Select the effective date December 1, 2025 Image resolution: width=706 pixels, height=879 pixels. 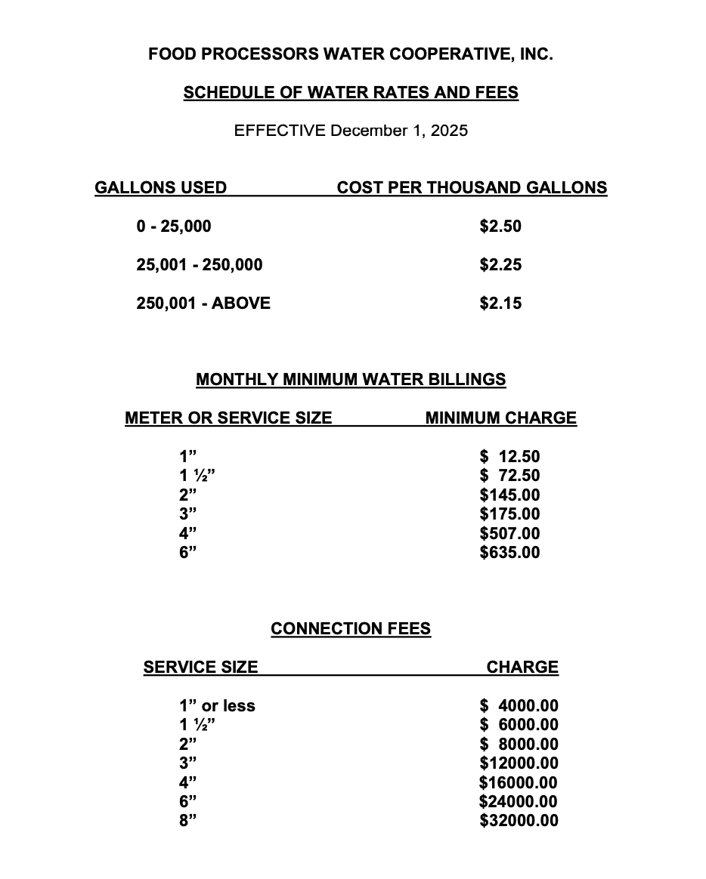click(399, 131)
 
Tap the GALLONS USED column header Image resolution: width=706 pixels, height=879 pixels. click(160, 188)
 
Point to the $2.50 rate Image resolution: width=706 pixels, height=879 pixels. click(500, 227)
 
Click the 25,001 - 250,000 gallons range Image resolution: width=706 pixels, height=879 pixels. click(200, 265)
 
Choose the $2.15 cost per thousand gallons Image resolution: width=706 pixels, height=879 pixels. click(500, 304)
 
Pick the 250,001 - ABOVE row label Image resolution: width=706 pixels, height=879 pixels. click(203, 304)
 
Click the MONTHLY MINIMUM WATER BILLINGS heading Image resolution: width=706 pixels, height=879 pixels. click(351, 380)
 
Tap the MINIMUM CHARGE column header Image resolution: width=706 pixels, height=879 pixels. click(500, 418)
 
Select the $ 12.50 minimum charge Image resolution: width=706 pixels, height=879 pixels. click(510, 457)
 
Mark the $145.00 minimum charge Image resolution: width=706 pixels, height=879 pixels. click(510, 495)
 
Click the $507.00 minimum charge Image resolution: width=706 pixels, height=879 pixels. click(510, 534)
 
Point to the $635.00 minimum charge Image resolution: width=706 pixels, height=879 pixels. click(510, 553)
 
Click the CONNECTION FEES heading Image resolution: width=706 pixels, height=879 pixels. click(351, 629)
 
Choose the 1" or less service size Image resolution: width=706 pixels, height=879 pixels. click(217, 706)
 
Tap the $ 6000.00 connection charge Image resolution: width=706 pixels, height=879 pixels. click(519, 725)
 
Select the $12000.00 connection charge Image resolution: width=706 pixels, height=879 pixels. click(519, 763)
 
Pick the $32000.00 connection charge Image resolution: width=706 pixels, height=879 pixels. click(519, 821)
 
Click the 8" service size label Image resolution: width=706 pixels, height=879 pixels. click(187, 821)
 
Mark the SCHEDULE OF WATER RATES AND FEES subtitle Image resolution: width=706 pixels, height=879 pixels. click(351, 93)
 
